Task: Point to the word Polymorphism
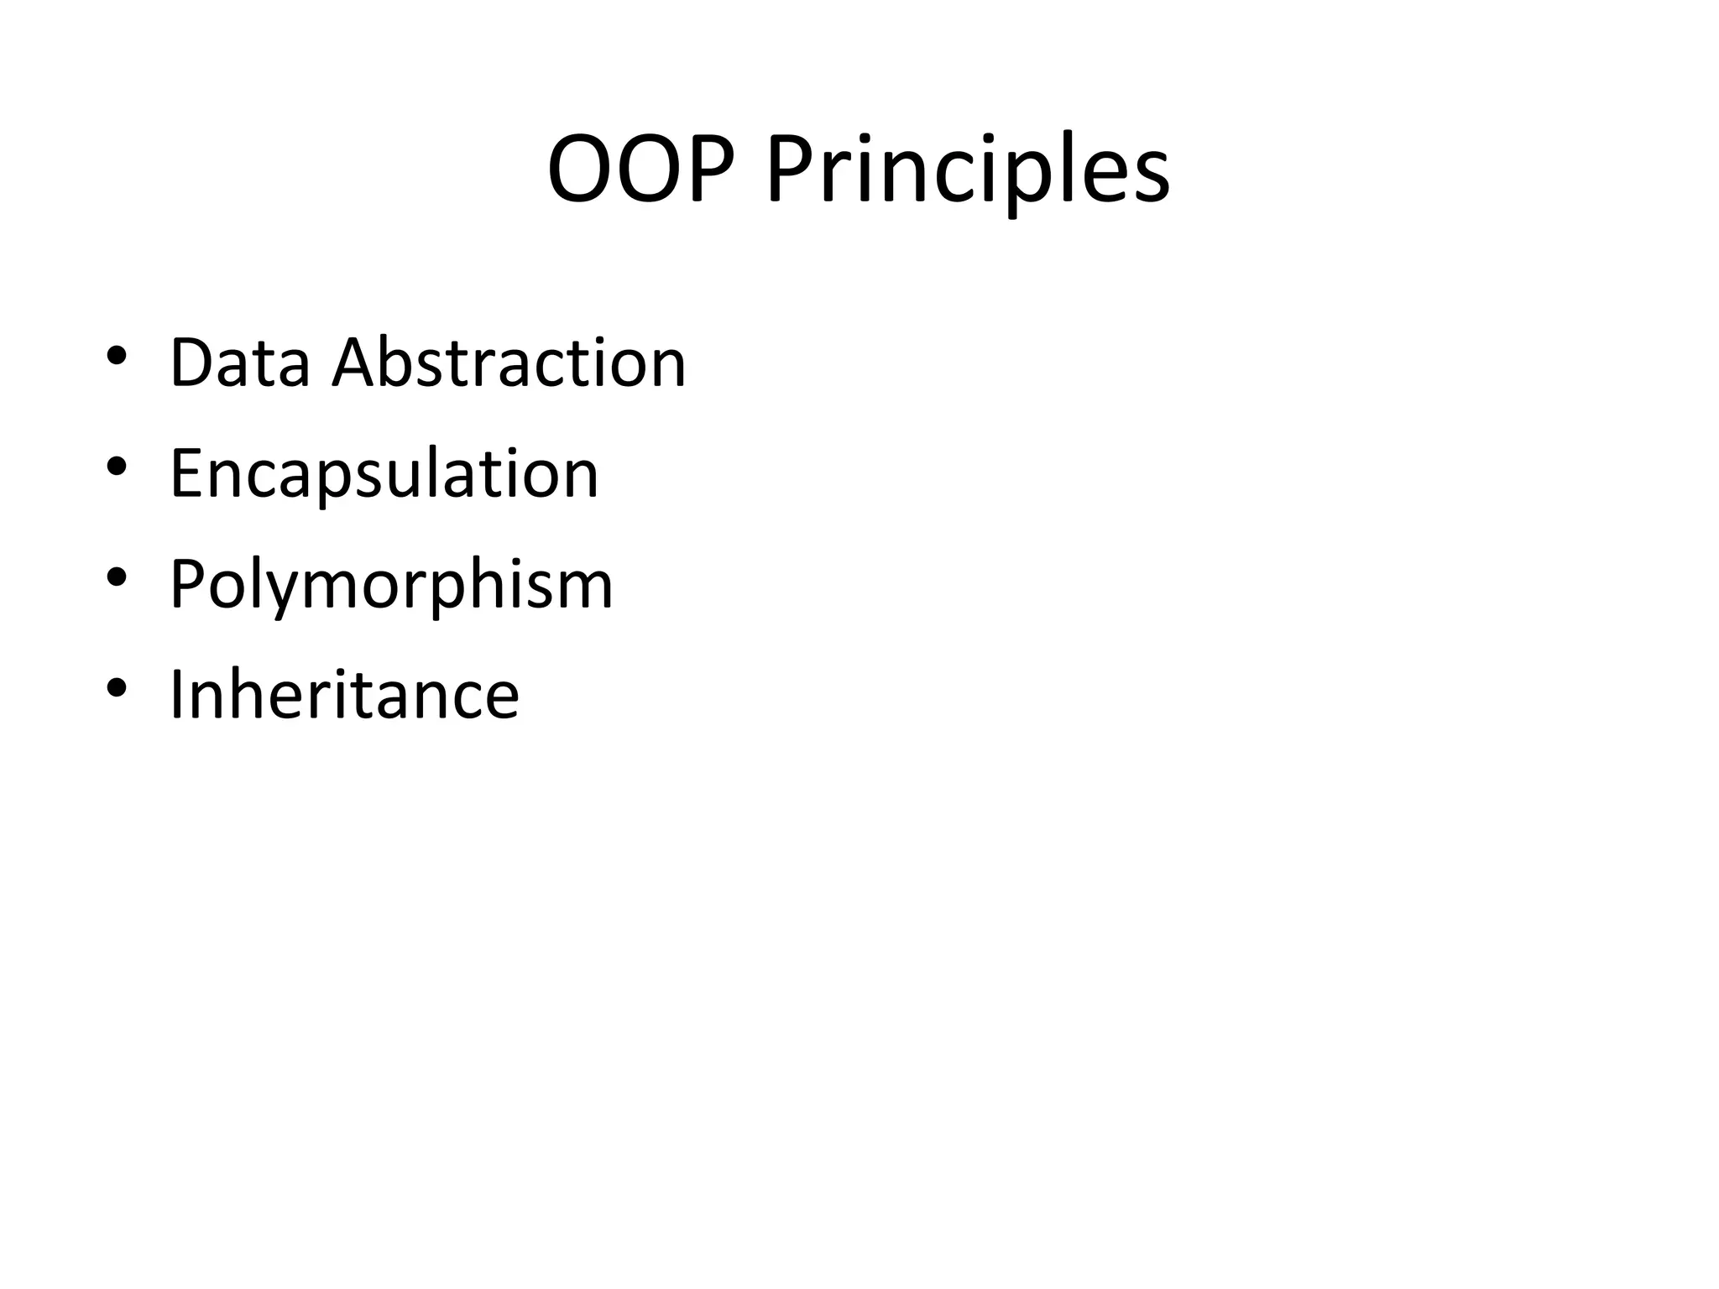pos(391,585)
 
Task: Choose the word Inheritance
pos(344,695)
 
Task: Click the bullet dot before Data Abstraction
pos(117,356)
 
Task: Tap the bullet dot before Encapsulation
pos(117,467)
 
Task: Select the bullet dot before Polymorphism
pos(117,577)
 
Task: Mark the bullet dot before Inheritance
pos(117,688)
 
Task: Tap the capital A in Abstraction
pos(357,363)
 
